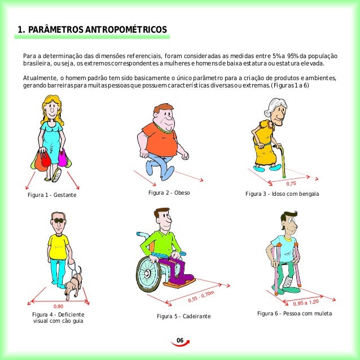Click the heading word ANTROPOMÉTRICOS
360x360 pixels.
click(x=126, y=29)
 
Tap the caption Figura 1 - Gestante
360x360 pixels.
click(x=52, y=195)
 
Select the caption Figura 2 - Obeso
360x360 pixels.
click(x=169, y=192)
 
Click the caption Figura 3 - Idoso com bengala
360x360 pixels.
click(x=282, y=194)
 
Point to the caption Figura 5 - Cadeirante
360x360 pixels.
click(x=184, y=316)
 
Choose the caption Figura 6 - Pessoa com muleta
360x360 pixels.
click(x=295, y=313)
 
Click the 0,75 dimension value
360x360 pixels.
click(x=291, y=184)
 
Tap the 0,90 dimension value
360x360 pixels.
click(x=58, y=306)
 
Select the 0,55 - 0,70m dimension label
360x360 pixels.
click(x=201, y=296)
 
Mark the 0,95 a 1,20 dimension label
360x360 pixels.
click(x=306, y=302)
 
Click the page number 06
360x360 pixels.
click(x=180, y=340)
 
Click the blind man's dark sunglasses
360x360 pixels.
click(x=59, y=221)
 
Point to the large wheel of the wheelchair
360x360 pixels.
click(x=148, y=273)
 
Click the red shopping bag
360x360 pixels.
click(x=43, y=161)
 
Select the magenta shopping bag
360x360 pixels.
click(x=62, y=158)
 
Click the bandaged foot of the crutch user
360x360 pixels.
click(x=287, y=283)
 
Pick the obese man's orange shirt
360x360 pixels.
click(x=161, y=139)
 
